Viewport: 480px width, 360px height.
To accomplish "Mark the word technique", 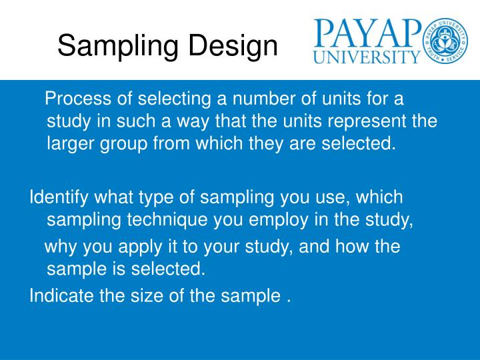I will tap(154, 219).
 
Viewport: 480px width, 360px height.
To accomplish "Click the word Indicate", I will tap(61, 296).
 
